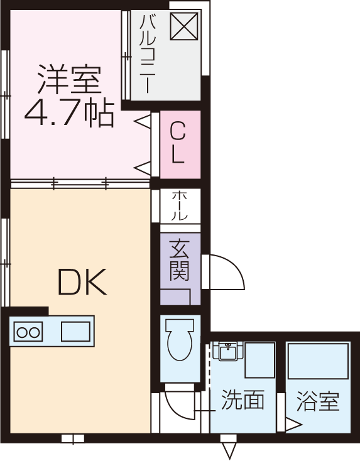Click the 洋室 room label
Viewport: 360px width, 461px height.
pos(69,79)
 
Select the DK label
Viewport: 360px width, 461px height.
pos(82,281)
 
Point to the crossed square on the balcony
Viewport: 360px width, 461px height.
pos(184,26)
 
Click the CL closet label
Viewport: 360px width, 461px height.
pos(178,143)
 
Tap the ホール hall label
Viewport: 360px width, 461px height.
pos(180,206)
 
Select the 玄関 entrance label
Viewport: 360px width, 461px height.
pos(180,260)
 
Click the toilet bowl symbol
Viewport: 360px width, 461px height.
pos(180,340)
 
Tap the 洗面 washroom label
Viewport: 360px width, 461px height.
pos(243,399)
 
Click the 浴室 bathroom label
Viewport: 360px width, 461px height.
pos(318,401)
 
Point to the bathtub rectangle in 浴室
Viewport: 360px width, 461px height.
pos(318,361)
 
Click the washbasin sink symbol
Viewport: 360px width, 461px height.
pos(228,351)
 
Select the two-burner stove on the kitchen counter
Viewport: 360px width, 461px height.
pos(28,332)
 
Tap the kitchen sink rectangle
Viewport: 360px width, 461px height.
pos(75,332)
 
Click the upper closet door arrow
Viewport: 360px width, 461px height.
pos(142,121)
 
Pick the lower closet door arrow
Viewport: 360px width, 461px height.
pos(142,168)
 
